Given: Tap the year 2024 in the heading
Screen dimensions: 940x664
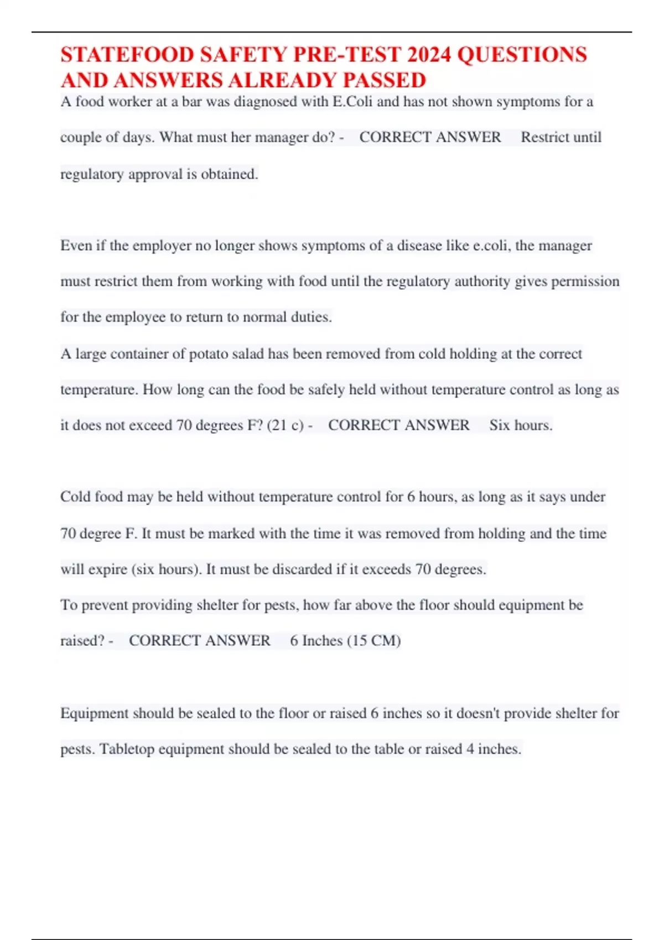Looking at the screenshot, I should coord(429,55).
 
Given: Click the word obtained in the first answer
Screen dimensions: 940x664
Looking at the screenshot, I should coord(229,174).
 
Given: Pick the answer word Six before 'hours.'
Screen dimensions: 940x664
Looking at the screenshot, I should coord(499,425).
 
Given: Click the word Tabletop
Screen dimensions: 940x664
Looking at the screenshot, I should coord(127,749).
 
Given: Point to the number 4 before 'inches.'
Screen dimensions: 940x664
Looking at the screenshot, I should coord(470,749).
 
